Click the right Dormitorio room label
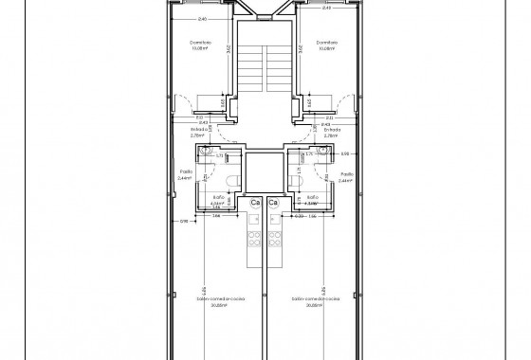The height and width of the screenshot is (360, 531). coord(327,43)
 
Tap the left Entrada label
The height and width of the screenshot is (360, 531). coord(199,130)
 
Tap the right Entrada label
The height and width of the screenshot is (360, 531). coord(331,130)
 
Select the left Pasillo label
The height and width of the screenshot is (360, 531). coord(187,174)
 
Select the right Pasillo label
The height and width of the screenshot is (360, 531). coord(346,174)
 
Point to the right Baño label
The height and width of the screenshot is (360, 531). coord(313,197)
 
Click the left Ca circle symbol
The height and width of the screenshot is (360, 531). coord(255,203)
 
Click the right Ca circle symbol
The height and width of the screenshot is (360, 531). coord(273,203)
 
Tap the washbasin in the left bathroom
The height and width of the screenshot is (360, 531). coord(203,155)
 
